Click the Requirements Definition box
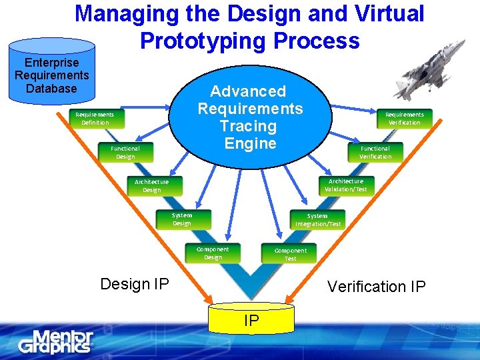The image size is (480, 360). [95, 118]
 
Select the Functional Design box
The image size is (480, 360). [125, 153]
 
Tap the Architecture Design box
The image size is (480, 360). [152, 185]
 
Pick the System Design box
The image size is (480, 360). [182, 219]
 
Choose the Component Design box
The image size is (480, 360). [213, 253]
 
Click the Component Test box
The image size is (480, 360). [291, 254]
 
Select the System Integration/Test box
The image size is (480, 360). [317, 220]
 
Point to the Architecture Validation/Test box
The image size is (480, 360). [345, 185]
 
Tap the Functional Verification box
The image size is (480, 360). [375, 152]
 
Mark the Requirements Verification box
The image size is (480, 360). [404, 118]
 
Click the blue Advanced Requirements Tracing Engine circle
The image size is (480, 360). [250, 117]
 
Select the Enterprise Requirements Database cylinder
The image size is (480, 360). [51, 71]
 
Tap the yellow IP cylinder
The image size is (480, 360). [251, 318]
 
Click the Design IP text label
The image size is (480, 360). [134, 284]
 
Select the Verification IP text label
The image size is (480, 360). [376, 287]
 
